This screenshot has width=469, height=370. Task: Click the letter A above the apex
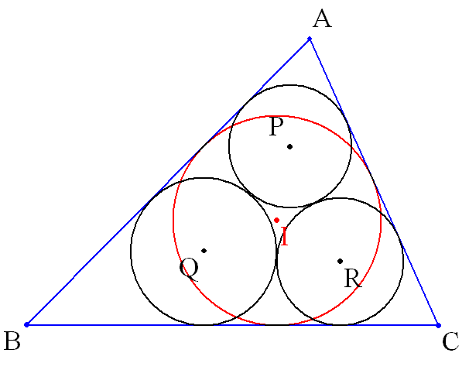322,19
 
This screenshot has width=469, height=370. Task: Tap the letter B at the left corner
12,341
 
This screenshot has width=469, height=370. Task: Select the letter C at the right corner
450,341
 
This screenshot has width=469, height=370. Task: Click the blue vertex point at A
310,39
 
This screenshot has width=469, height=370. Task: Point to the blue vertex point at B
26,324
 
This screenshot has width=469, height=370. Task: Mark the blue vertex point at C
439,325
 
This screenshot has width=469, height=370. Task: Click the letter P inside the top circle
276,126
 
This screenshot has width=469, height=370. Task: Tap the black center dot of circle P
289,146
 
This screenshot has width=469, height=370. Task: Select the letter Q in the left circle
189,269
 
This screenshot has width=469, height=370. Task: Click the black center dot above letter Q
204,251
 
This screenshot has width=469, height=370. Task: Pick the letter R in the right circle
353,278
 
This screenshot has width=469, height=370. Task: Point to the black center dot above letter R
340,261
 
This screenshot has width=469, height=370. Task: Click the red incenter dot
276,220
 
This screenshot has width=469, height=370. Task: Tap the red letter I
285,236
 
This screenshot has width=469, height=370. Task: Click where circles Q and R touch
276,256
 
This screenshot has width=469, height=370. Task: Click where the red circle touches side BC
277,324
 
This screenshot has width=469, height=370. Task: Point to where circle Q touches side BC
204,324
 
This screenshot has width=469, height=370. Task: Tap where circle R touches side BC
340,324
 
